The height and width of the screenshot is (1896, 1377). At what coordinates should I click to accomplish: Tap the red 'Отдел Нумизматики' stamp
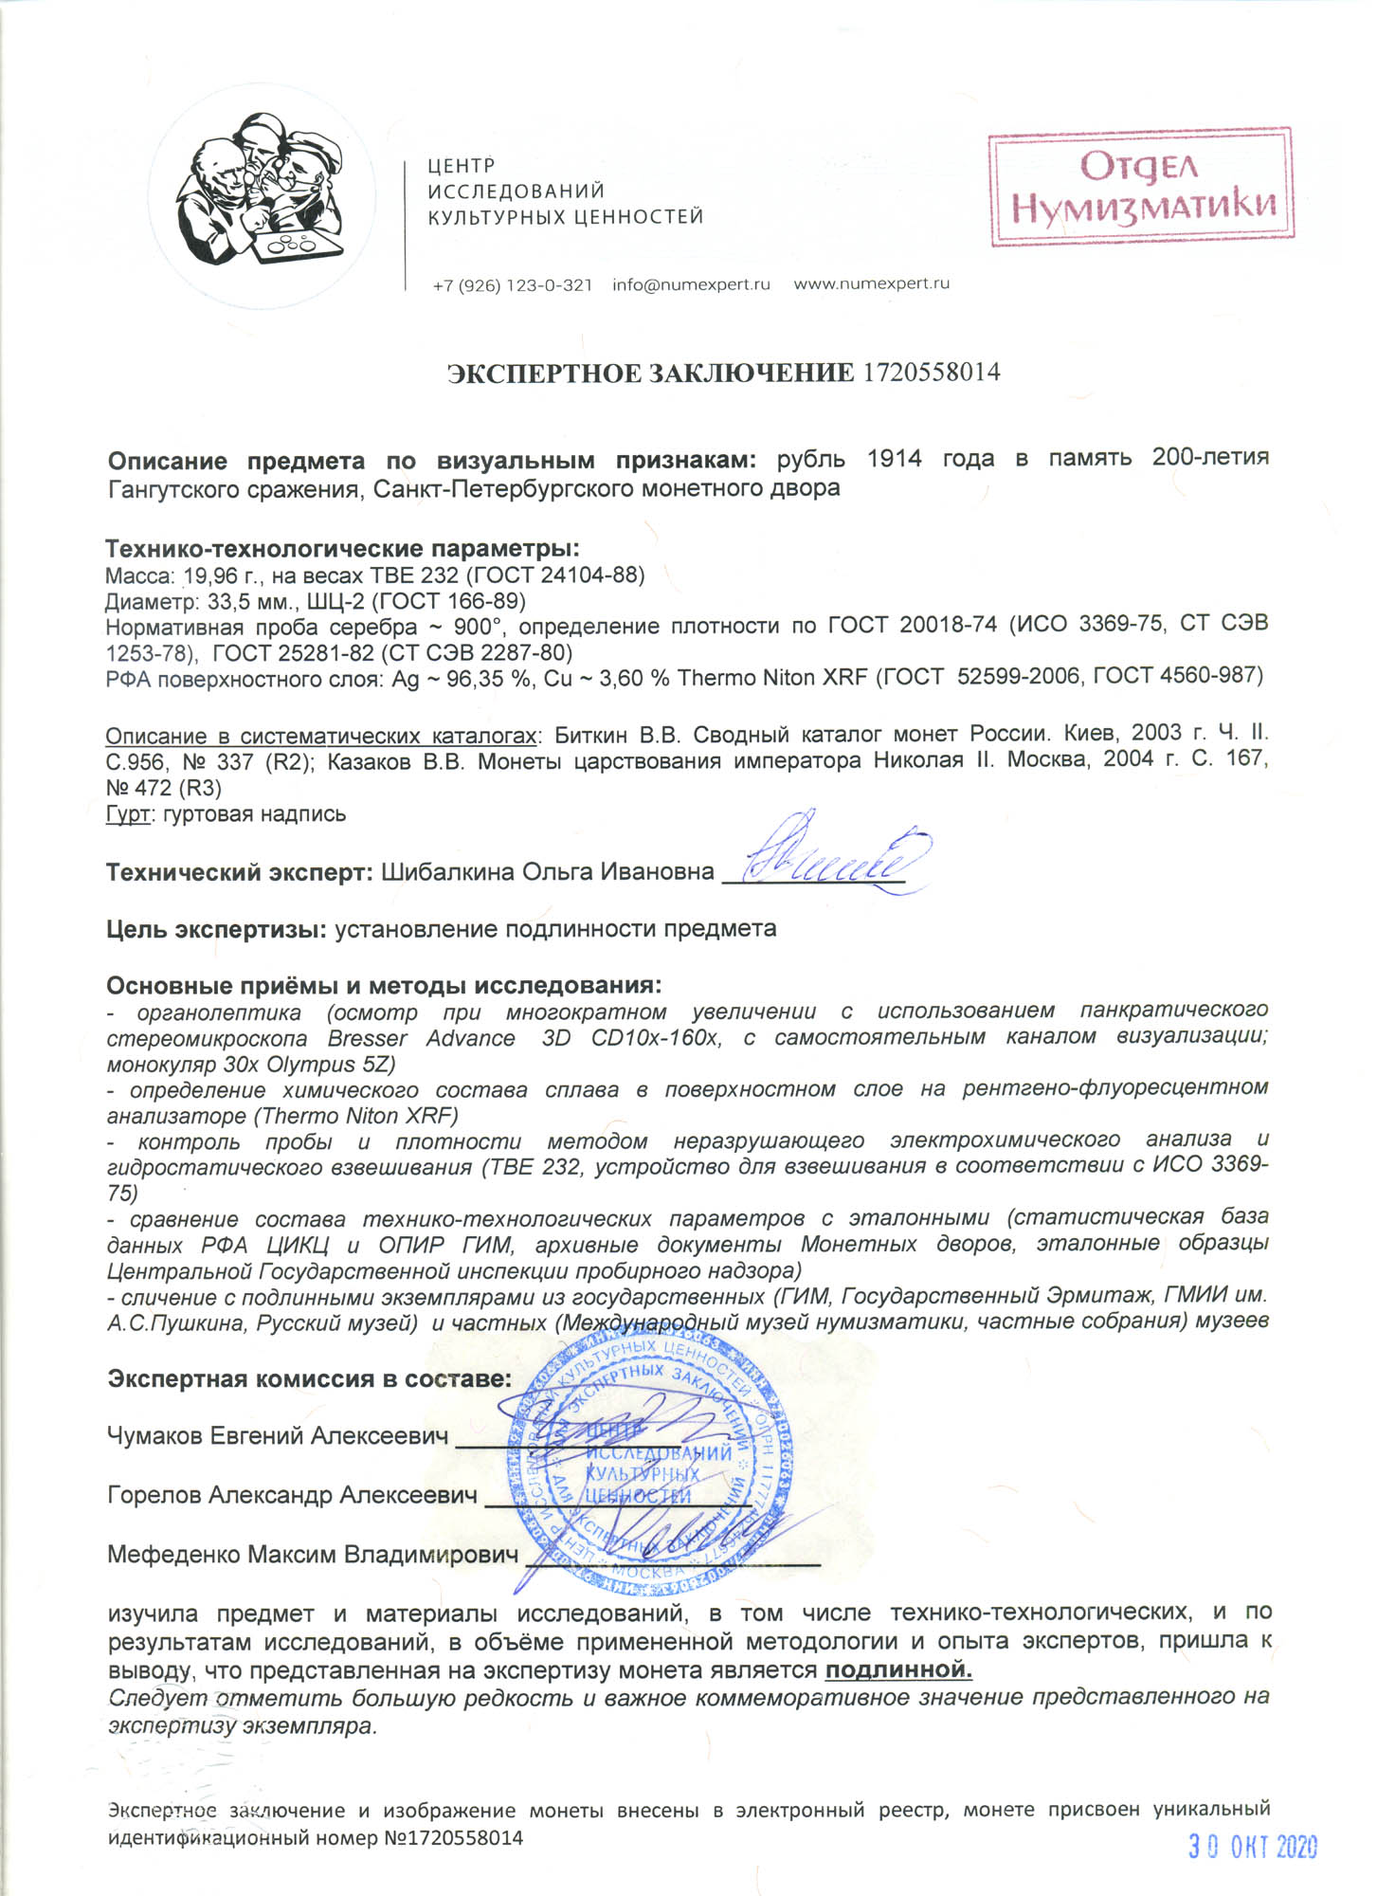pyautogui.click(x=1141, y=187)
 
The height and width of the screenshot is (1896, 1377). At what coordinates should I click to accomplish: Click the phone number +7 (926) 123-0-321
pyautogui.click(x=512, y=284)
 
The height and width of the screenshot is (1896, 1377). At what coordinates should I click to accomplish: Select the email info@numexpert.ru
pyautogui.click(x=691, y=284)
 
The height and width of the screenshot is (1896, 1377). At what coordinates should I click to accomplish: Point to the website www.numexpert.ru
pyautogui.click(x=871, y=283)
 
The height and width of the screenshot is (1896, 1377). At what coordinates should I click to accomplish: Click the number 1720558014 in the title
pyautogui.click(x=931, y=373)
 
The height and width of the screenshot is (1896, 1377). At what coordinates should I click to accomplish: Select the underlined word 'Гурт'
pyautogui.click(x=128, y=813)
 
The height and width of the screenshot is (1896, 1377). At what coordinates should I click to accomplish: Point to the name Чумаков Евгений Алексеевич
pyautogui.click(x=278, y=1436)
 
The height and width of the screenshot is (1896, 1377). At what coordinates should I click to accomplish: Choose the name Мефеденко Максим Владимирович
pyautogui.click(x=313, y=1555)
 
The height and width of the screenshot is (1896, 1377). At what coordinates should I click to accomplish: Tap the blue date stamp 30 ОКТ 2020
pyautogui.click(x=1253, y=1846)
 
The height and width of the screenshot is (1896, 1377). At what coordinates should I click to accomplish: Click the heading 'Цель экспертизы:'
pyautogui.click(x=217, y=929)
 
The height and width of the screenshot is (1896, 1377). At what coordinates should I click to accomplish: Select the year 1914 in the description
pyautogui.click(x=894, y=459)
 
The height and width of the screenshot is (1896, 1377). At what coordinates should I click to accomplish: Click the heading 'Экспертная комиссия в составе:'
pyautogui.click(x=309, y=1378)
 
